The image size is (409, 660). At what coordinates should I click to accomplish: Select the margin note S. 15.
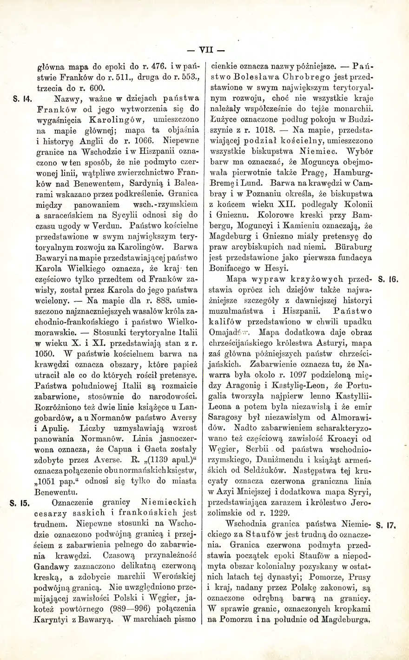pyautogui.click(x=21, y=502)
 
